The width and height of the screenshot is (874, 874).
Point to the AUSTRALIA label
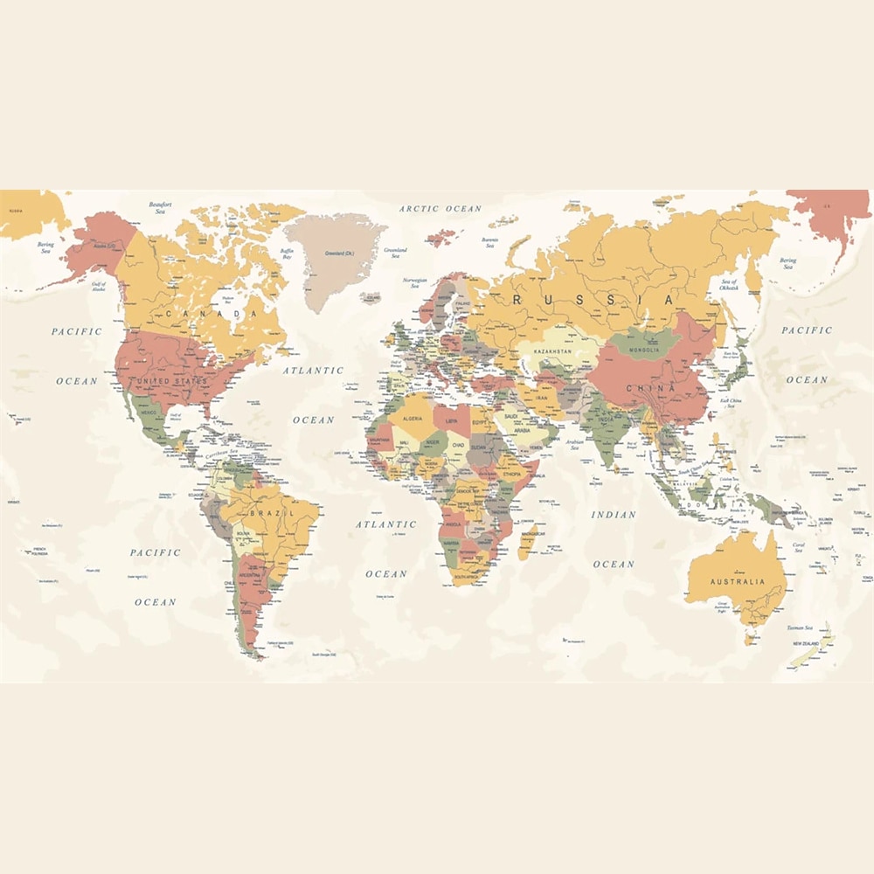click(737, 581)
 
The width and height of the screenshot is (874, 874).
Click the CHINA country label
click(650, 388)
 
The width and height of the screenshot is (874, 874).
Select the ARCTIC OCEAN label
click(440, 209)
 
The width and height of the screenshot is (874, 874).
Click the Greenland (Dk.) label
click(339, 253)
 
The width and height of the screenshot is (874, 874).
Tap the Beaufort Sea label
click(160, 208)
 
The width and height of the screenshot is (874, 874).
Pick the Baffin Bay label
click(287, 254)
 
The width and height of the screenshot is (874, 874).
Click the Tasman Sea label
click(798, 628)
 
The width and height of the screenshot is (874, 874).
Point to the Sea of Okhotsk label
click(729, 283)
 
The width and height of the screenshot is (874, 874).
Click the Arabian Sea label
click(574, 445)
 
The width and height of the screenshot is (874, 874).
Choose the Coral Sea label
click(798, 547)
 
